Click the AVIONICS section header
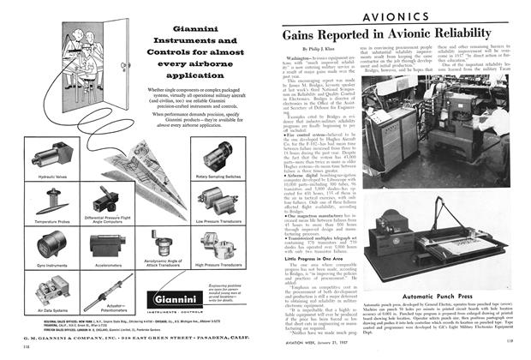tap(443, 16)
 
